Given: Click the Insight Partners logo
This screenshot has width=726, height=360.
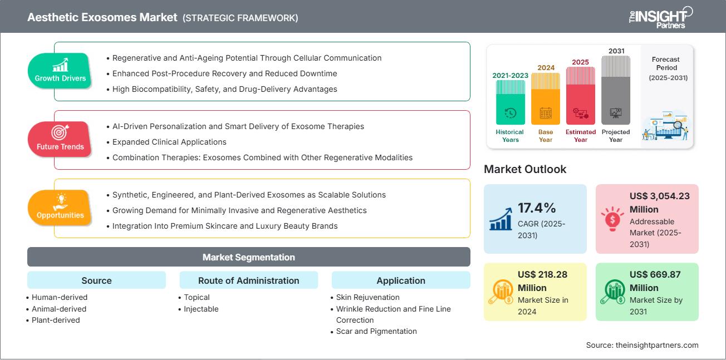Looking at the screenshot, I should pos(661,17).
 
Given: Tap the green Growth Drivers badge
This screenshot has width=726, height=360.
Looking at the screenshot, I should pos(60,71).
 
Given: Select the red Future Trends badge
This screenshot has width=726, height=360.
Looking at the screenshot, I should pos(60,139).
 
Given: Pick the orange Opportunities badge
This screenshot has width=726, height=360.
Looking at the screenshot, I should pos(60,208).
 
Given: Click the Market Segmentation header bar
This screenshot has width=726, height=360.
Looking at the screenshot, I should pos(248,257).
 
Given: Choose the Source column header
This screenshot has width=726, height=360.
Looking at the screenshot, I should pos(96,280).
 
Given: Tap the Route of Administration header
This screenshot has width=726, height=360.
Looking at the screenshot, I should pos(248,280).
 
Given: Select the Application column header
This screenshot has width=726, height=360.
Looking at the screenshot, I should pos(400,280).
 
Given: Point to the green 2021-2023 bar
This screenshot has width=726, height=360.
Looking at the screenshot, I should pos(510,102).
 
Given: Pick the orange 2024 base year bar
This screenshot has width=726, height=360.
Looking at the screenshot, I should pos(545,99).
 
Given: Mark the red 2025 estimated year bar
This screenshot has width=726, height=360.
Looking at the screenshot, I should pos(580,96).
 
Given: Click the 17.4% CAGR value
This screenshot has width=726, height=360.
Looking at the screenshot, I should pos(537,208).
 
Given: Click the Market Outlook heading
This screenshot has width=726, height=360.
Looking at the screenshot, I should pos(525,169).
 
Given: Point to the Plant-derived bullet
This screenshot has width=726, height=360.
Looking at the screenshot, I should pos(56,320).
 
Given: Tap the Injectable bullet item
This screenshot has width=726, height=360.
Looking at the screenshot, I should pos(201,309).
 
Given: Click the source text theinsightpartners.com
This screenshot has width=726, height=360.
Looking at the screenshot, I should pos(642,345).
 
